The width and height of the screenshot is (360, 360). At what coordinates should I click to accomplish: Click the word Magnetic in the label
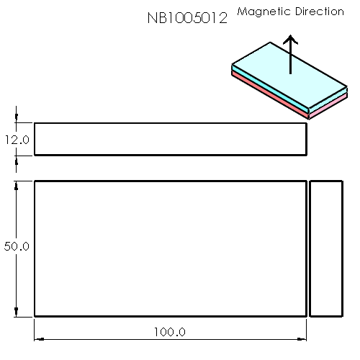click(261, 12)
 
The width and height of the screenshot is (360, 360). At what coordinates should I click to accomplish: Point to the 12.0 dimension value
click(17, 140)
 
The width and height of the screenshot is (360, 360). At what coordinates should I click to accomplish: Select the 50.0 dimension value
click(17, 246)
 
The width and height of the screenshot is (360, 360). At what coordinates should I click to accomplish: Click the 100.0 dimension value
click(170, 332)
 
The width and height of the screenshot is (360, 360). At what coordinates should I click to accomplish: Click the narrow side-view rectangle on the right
click(325, 248)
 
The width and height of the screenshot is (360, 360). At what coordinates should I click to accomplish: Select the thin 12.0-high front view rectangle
click(171, 139)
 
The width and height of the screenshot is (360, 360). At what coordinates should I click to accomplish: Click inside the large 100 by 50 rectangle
click(171, 248)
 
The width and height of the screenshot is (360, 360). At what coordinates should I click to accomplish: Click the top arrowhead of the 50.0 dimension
click(16, 186)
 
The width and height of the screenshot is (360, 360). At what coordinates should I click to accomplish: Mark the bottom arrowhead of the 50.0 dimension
click(16, 310)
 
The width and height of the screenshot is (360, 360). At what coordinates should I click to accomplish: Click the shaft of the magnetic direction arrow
click(290, 61)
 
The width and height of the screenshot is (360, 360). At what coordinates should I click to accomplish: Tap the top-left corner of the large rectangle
click(35, 181)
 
